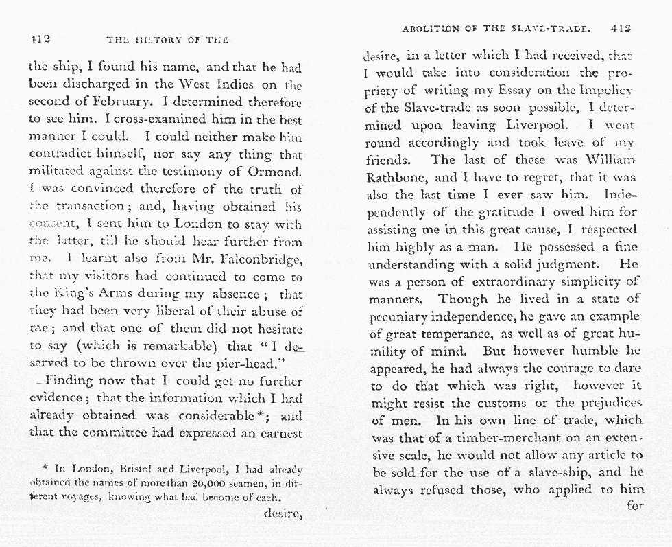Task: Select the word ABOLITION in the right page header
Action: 431,30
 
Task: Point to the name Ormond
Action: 272,172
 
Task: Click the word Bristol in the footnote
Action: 130,470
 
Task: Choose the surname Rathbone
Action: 398,178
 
